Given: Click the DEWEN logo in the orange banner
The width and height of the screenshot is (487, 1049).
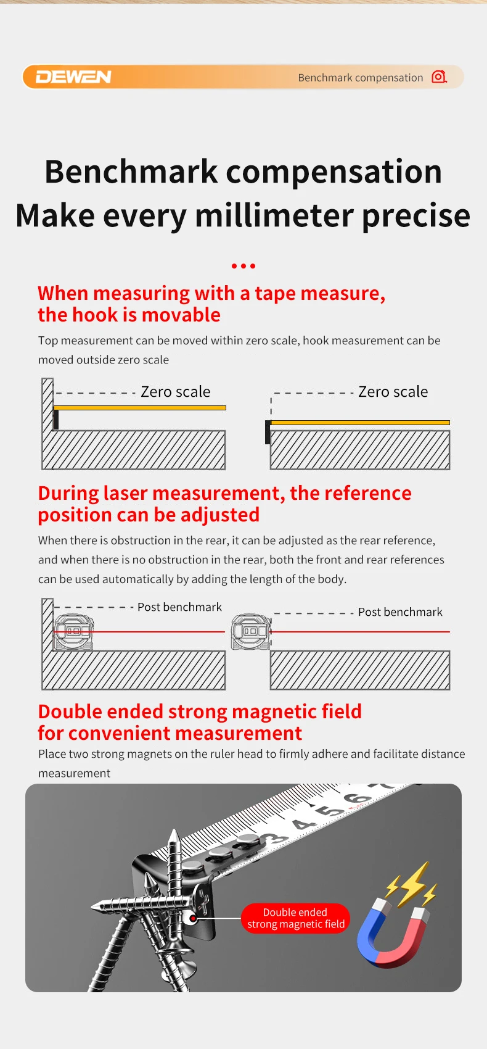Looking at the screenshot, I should [73, 77].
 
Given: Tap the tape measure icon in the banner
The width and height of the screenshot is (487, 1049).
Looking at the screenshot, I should [439, 77].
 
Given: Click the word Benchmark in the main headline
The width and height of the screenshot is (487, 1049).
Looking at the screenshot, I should [131, 172].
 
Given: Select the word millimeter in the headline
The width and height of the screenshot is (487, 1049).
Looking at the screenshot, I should [274, 215].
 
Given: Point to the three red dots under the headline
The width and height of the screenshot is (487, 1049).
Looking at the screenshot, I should [243, 266].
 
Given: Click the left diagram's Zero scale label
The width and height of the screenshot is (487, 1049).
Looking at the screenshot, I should [175, 392].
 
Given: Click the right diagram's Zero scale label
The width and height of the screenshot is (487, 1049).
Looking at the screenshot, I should [393, 392].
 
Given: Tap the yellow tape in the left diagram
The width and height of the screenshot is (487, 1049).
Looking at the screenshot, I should [140, 408].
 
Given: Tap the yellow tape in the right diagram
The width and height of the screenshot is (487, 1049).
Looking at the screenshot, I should [360, 423].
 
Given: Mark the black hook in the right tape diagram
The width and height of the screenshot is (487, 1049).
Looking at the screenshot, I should [268, 432].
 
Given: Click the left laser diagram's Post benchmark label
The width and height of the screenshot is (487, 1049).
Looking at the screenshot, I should [179, 607].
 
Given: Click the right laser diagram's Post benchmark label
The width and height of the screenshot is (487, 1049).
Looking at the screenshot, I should [400, 612].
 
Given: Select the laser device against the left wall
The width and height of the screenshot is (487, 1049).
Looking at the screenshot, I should [73, 631].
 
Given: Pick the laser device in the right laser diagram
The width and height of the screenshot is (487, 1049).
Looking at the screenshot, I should [250, 631].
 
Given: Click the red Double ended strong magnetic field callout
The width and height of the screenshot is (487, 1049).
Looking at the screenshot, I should [295, 918].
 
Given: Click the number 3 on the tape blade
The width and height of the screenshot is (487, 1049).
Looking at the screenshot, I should [273, 839].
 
